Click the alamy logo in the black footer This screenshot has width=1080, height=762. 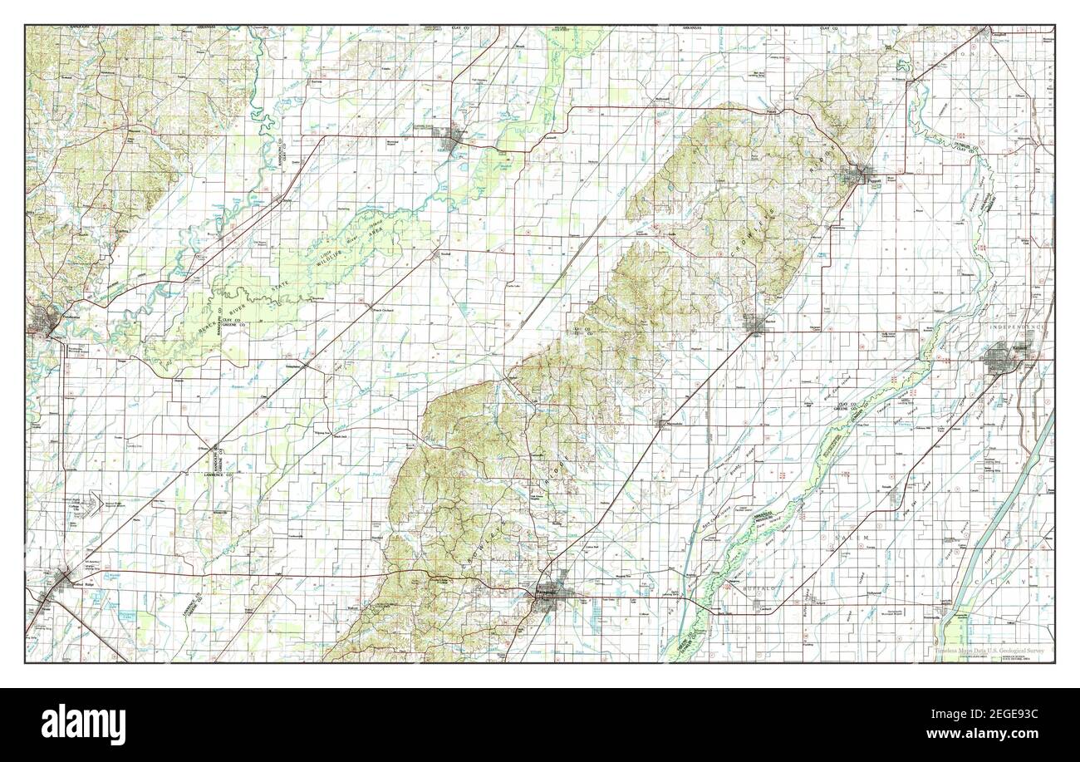pyautogui.click(x=83, y=720)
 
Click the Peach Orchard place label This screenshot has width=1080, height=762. pyautogui.click(x=379, y=310)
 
